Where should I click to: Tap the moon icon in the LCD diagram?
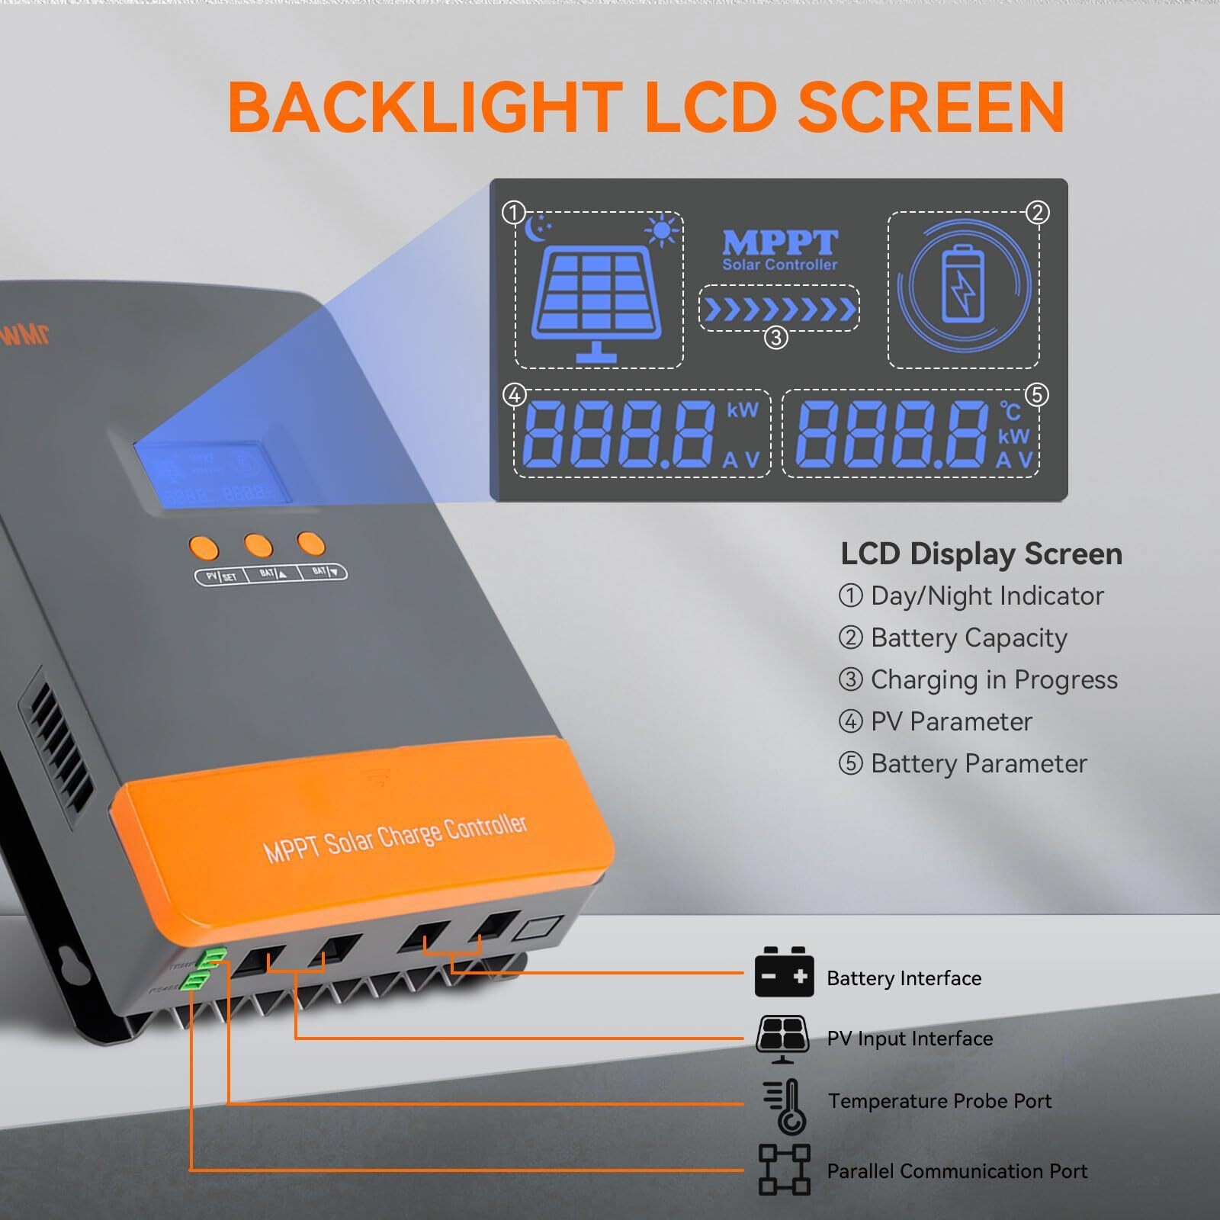click(x=538, y=226)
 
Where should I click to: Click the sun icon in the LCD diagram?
click(x=661, y=230)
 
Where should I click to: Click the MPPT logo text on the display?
click(x=779, y=243)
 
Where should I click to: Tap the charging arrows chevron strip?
click(x=779, y=309)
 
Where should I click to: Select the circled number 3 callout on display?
click(x=775, y=337)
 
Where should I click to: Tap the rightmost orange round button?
click(x=310, y=544)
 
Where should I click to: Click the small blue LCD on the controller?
click(x=211, y=472)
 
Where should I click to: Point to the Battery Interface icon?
click(x=784, y=973)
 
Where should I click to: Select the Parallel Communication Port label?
click(x=957, y=1170)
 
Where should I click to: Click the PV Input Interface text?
click(x=910, y=1039)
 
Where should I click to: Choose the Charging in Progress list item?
click(x=994, y=679)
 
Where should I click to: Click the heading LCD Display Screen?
click(x=981, y=554)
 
